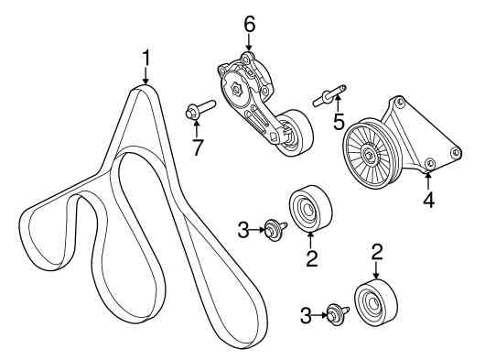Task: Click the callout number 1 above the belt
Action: (x=145, y=58)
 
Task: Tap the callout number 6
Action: (x=249, y=24)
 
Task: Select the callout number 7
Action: (x=197, y=147)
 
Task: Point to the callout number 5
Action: (x=339, y=121)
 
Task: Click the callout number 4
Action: (x=428, y=200)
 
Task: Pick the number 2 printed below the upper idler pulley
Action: (x=312, y=258)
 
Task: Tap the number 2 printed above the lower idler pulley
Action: (x=377, y=251)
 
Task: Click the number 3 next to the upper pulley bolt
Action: (x=243, y=230)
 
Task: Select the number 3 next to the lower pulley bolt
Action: (x=306, y=316)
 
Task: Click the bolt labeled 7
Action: (x=200, y=109)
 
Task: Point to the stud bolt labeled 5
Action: (x=330, y=95)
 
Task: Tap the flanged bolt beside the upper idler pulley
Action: (x=276, y=230)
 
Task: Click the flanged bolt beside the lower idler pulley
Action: (x=338, y=314)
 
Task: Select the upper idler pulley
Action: (x=310, y=208)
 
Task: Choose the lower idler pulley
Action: (x=375, y=302)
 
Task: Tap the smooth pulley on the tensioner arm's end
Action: (x=295, y=133)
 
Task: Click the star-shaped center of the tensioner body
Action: (x=236, y=90)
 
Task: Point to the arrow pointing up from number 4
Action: (x=428, y=180)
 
